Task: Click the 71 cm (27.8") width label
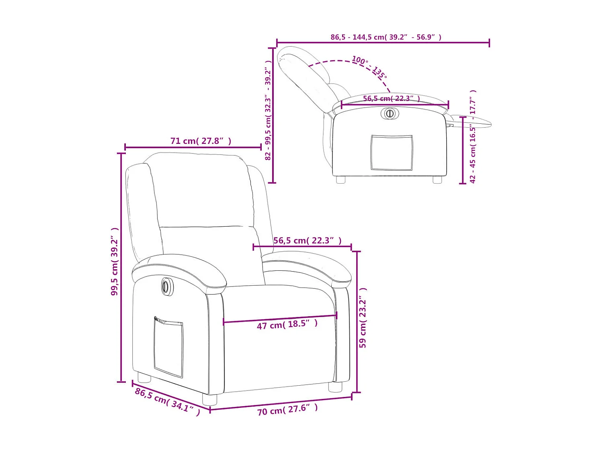(x=201, y=141)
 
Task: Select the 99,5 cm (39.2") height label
(x=115, y=262)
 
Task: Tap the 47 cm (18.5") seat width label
(x=287, y=324)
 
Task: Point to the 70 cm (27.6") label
(x=287, y=410)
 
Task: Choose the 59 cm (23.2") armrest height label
(x=363, y=318)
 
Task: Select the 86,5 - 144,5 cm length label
(x=386, y=37)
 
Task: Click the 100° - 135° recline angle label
(x=369, y=67)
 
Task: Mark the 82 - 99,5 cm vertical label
(x=268, y=110)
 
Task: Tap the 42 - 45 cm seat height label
(x=473, y=137)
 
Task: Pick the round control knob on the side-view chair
(x=390, y=113)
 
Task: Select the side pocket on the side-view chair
(x=392, y=153)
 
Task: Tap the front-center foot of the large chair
(x=209, y=399)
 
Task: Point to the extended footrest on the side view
(x=472, y=121)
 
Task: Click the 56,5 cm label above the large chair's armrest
(x=307, y=241)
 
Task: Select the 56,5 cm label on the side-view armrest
(x=391, y=98)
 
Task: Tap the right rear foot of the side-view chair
(x=437, y=180)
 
